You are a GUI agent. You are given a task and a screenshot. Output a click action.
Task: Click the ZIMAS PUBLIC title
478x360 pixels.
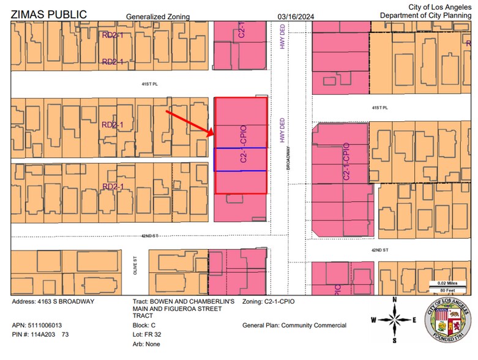tap(49, 13)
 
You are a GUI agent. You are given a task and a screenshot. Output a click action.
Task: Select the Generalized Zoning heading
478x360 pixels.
tap(157, 17)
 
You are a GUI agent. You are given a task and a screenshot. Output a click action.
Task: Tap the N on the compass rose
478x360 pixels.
tap(395, 299)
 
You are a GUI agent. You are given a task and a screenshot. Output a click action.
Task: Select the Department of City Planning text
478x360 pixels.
tap(425, 15)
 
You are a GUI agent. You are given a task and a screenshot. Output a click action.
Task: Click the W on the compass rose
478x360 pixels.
tap(373, 320)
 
